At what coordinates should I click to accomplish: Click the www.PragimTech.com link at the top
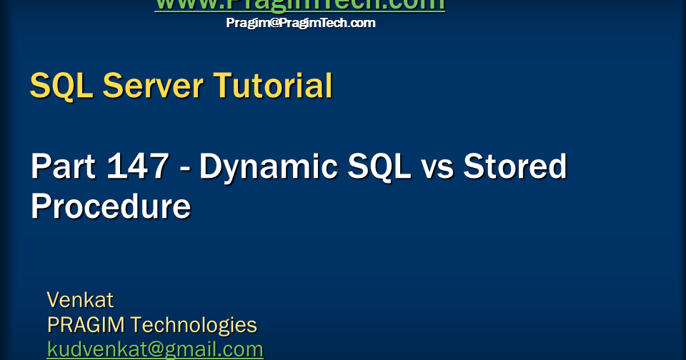pyautogui.click(x=299, y=5)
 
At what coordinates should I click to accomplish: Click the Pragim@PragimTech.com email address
pyautogui.click(x=300, y=23)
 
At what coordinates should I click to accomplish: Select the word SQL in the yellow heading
pyautogui.click(x=62, y=86)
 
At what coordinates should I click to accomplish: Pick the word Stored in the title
pyautogui.click(x=514, y=167)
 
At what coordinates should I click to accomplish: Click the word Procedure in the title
pyautogui.click(x=110, y=206)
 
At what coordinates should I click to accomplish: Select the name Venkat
pyautogui.click(x=80, y=299)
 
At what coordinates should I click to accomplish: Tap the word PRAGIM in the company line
pyautogui.click(x=86, y=325)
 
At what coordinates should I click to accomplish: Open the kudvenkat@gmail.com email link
pyautogui.click(x=155, y=349)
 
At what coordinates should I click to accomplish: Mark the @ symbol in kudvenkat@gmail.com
pyautogui.click(x=151, y=350)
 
